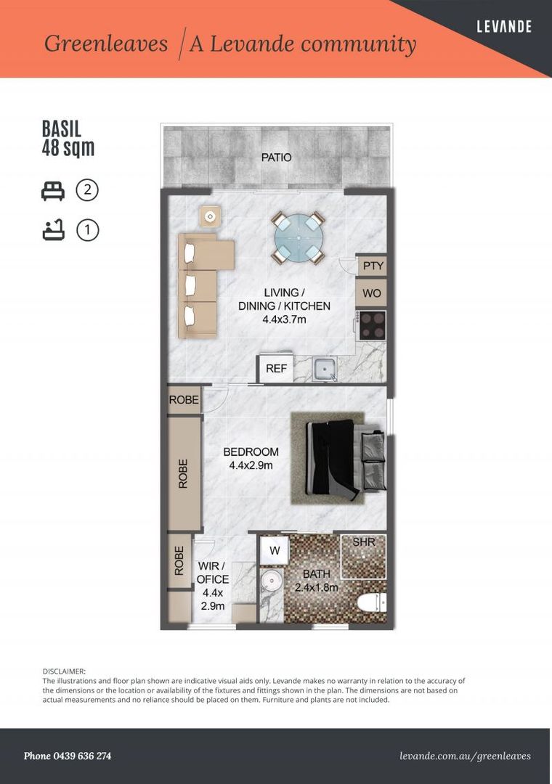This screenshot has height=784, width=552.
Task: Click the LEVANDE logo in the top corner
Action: [504, 26]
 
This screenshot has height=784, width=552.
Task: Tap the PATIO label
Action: [276, 158]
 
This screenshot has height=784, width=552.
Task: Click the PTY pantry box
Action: [373, 266]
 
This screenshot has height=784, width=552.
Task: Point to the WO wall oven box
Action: [371, 293]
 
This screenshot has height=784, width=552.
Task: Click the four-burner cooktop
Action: [371, 325]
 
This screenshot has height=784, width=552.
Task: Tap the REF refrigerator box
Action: [275, 368]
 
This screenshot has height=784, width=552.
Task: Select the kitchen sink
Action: [324, 369]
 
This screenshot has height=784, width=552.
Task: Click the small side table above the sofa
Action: [210, 216]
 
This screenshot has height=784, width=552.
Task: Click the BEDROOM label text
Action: [251, 452]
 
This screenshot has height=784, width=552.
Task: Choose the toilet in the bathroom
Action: [372, 602]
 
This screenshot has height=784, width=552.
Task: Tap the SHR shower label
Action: [364, 542]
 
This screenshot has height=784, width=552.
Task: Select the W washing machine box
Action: [275, 550]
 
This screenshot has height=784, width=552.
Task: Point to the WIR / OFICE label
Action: [213, 573]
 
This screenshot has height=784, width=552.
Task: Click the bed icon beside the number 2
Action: [53, 191]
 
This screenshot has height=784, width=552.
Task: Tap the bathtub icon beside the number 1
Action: [53, 230]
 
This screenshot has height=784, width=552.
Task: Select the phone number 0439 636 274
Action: [82, 756]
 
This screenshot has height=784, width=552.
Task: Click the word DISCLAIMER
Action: [64, 671]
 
